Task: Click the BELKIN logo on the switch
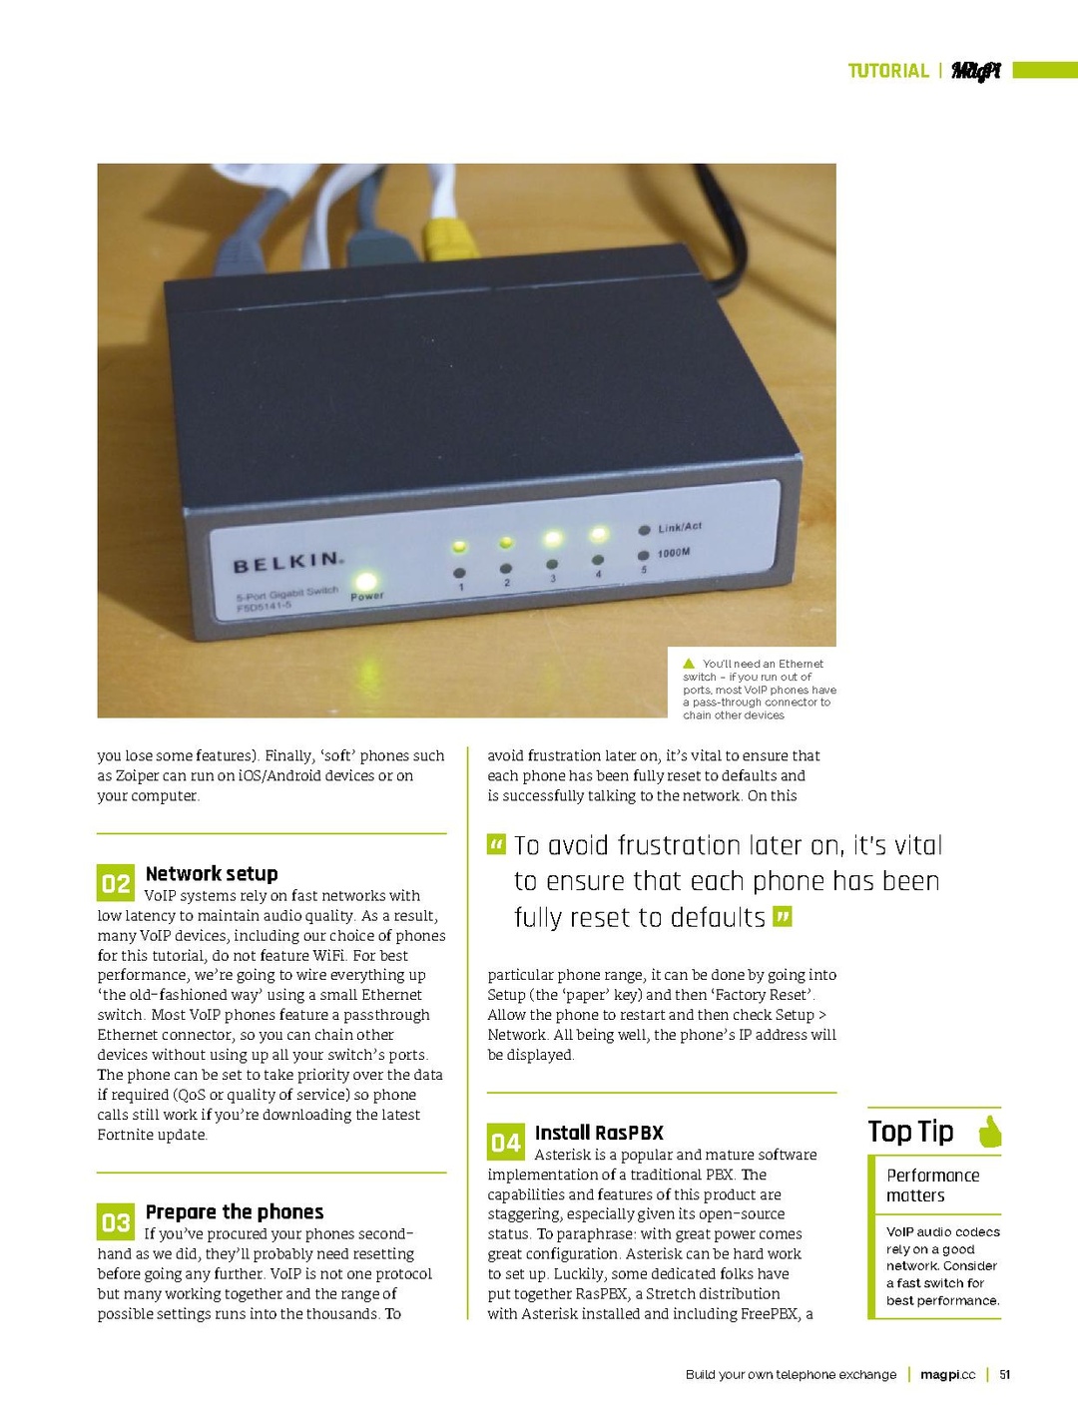[x=287, y=563]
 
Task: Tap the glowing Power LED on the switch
[x=366, y=581]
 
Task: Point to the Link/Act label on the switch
[x=679, y=527]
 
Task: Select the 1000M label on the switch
[x=674, y=552]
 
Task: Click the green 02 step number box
[x=115, y=883]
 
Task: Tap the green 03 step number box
[x=115, y=1221]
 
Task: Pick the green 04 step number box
[x=505, y=1143]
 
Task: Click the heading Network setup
[x=212, y=874]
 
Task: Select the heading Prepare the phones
[x=235, y=1211]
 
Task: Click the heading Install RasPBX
[x=599, y=1133]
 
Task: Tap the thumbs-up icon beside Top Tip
[x=989, y=1131]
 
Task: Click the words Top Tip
[x=910, y=1132]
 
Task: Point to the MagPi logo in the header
[x=975, y=71]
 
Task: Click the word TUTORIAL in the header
[x=888, y=71]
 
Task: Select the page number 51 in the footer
[x=1005, y=1375]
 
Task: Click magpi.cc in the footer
[x=947, y=1375]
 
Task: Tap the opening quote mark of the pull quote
[x=496, y=845]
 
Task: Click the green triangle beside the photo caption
[x=689, y=664]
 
